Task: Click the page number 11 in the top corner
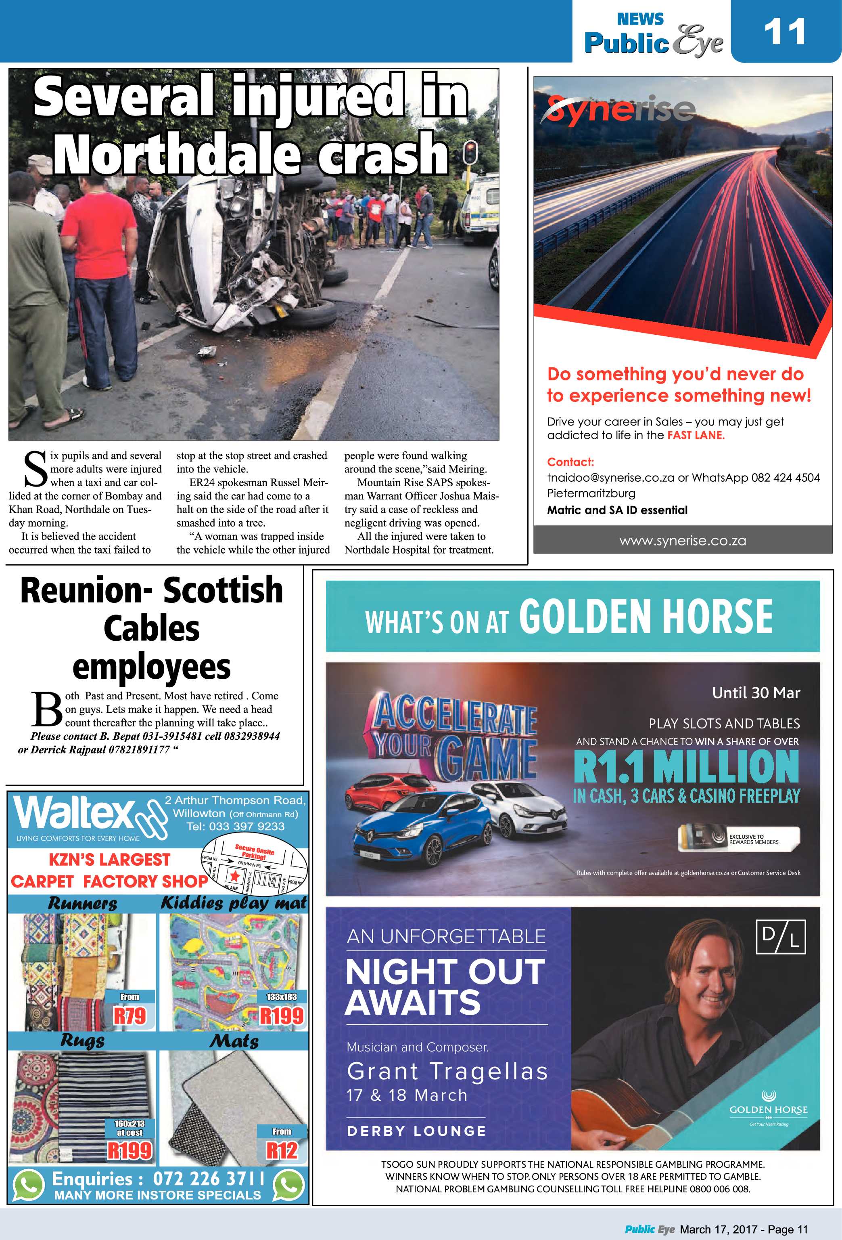point(784,32)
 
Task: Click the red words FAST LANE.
point(696,435)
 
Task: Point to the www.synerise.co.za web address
point(683,541)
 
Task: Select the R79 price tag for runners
point(130,1015)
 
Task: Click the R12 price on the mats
point(281,1150)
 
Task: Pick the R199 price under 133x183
point(281,1015)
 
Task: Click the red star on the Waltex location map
point(234,875)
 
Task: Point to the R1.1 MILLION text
point(686,766)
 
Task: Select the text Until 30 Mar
point(756,692)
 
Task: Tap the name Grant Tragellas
point(447,1071)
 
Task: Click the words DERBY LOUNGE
point(416,1131)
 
